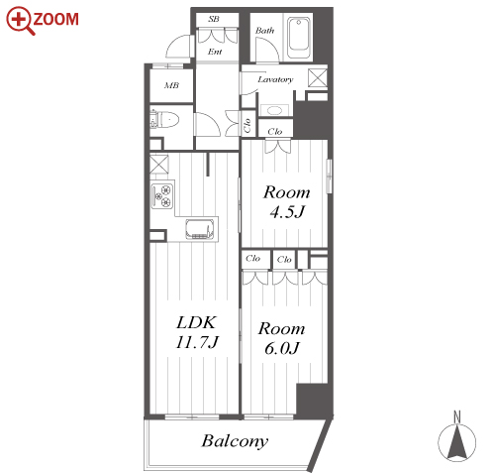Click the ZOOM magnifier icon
click(x=21, y=21)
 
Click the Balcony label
click(x=235, y=441)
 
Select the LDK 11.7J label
click(x=197, y=332)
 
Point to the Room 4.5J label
click(x=286, y=202)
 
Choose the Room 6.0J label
click(x=281, y=338)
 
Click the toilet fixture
click(x=164, y=120)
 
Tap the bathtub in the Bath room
click(x=298, y=38)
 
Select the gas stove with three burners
click(x=162, y=194)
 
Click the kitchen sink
click(x=198, y=229)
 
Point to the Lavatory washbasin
click(x=274, y=110)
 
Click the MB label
click(x=171, y=85)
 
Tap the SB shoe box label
click(x=214, y=19)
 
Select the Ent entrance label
click(x=215, y=52)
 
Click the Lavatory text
click(x=275, y=79)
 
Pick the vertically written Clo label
click(x=247, y=126)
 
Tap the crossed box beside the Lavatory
click(x=318, y=78)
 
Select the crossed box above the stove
click(x=159, y=164)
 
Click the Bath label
click(x=264, y=31)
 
